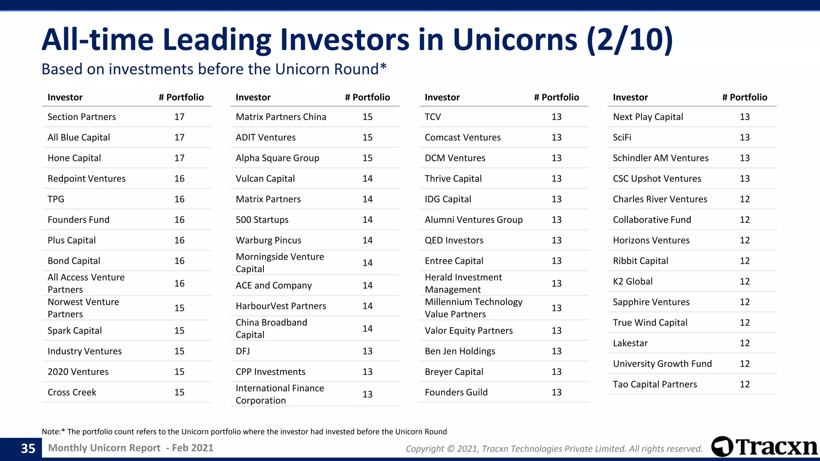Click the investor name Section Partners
tap(82, 117)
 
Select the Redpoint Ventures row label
tap(86, 178)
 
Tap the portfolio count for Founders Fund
tap(179, 220)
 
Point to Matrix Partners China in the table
tap(281, 117)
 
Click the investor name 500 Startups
tap(262, 220)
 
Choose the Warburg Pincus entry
tap(269, 240)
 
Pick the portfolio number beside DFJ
tap(368, 351)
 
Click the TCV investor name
tap(433, 117)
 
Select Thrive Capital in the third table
tap(453, 178)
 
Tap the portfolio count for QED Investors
tap(557, 240)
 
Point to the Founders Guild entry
tap(456, 392)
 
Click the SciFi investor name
tap(622, 137)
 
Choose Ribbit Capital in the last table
tap(641, 261)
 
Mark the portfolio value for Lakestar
tap(745, 343)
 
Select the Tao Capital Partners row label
tap(655, 384)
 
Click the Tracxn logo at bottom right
tap(764, 447)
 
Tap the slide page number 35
tap(28, 448)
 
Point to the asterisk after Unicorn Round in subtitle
tap(383, 66)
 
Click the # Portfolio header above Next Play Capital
tap(745, 97)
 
